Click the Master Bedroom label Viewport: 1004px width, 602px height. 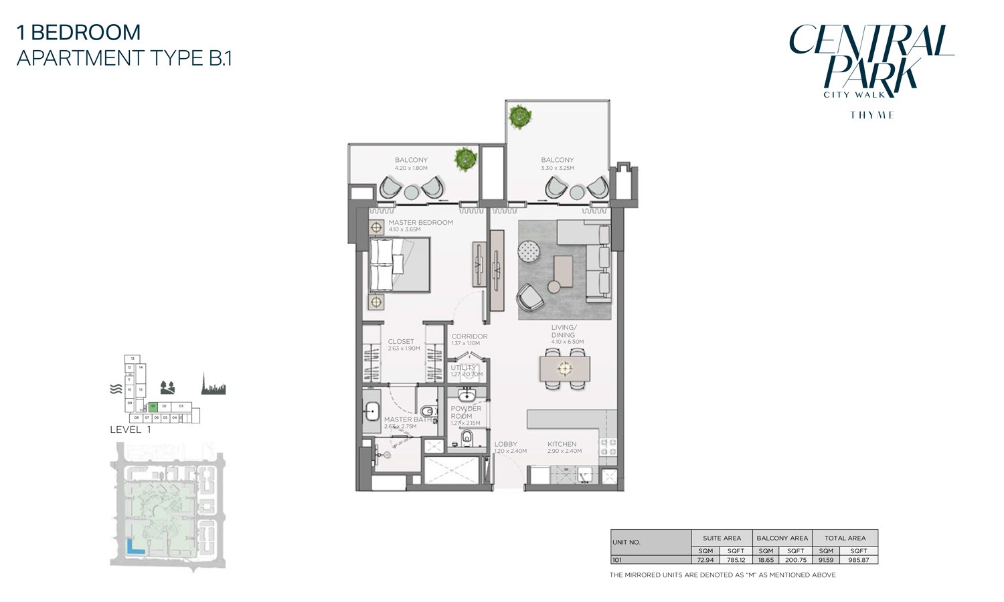420,223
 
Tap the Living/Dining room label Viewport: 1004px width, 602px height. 563,331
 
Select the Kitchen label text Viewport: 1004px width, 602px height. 562,444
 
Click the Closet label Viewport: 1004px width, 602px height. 401,342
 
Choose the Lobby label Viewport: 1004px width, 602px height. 505,444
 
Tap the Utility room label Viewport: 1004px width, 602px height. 463,367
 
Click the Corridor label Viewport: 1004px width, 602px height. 469,336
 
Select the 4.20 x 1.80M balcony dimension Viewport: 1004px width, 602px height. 411,168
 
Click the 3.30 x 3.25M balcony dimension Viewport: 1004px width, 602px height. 558,168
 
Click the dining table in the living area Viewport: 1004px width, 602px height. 565,368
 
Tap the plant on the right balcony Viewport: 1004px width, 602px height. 519,116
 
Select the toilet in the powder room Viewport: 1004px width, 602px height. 467,438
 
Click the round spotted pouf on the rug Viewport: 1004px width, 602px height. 531,252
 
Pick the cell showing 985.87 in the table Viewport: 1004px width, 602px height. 859,560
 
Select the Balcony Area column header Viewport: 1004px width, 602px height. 782,538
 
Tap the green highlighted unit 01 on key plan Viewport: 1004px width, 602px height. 153,406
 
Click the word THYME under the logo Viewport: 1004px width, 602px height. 871,115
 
